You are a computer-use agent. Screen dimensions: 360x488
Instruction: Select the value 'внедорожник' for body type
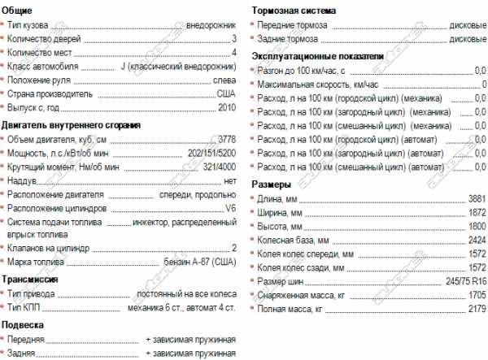[x=210, y=24]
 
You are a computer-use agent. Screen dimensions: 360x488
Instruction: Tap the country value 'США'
[x=226, y=94]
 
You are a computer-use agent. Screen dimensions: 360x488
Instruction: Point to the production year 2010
[x=226, y=108]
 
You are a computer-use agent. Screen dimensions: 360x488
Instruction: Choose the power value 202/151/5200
[x=205, y=153]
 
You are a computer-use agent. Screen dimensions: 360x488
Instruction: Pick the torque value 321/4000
[x=216, y=167]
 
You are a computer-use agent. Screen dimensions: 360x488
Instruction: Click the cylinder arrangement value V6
[x=230, y=208]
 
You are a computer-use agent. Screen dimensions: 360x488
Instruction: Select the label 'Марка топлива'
[x=37, y=262]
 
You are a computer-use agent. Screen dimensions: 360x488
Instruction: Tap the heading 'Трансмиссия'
[x=30, y=278]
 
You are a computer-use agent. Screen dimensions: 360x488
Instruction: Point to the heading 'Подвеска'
[x=23, y=323]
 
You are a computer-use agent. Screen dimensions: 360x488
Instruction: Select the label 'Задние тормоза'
[x=289, y=38]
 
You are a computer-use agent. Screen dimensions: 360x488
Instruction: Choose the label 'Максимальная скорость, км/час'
[x=317, y=85]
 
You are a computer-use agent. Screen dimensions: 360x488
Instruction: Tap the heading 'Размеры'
[x=272, y=184]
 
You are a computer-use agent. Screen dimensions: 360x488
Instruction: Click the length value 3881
[x=477, y=198]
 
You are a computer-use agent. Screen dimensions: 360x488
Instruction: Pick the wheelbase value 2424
[x=477, y=241]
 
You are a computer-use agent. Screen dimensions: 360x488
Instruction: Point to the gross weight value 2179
[x=477, y=310]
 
